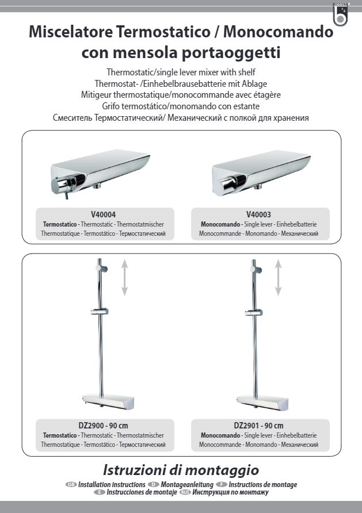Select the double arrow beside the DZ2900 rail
tap(124, 277)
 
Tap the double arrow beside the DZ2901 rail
tap(278, 277)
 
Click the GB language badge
tap(71, 485)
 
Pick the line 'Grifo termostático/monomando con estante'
tap(181, 106)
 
